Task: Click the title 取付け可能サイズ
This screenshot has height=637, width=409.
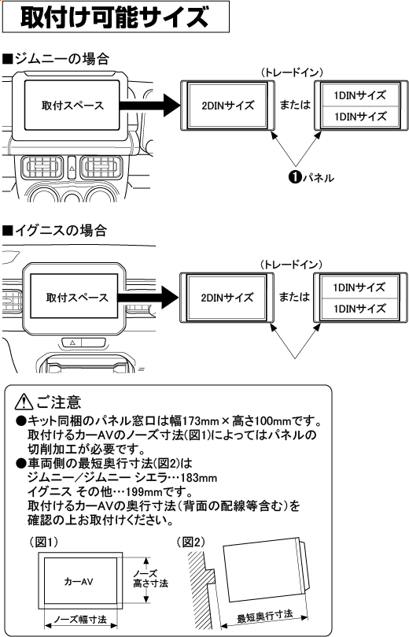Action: (x=115, y=17)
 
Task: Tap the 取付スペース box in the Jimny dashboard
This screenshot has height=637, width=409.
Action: (x=72, y=106)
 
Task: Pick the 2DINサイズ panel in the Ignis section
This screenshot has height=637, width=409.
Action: (x=227, y=298)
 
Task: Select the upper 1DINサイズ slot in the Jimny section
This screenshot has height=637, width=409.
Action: (x=359, y=95)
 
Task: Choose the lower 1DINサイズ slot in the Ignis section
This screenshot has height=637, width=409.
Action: (x=359, y=309)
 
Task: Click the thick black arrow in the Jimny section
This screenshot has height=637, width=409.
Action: (x=149, y=106)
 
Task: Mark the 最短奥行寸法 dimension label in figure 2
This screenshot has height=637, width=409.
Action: (x=265, y=613)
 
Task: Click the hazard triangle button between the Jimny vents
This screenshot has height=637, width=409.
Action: (x=70, y=168)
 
